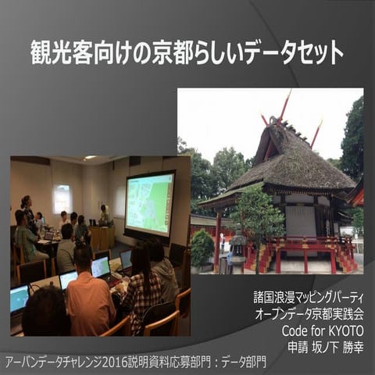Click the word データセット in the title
[300, 54]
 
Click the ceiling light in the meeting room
[90, 159]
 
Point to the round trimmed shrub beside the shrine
[202, 247]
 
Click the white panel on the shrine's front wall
[300, 222]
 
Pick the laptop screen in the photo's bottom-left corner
[19, 298]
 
